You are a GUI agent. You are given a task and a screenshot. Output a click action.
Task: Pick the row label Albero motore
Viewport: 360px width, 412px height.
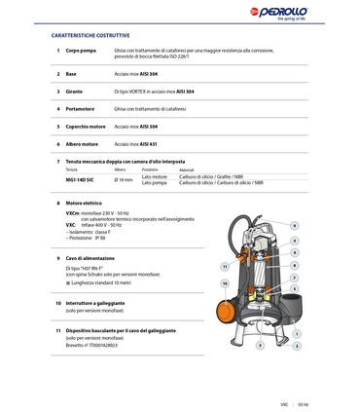[x=85, y=143]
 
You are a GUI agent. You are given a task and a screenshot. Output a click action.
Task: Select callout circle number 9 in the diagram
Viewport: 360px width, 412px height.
[x=295, y=225]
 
